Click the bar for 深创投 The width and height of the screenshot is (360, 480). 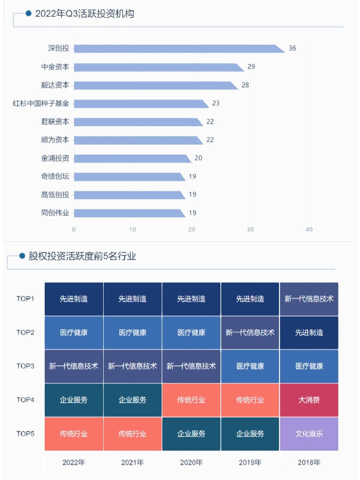click(x=177, y=49)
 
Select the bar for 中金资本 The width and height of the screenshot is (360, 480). click(x=157, y=67)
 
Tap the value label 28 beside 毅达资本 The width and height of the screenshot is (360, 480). click(x=245, y=85)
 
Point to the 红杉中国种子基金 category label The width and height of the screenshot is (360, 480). click(x=41, y=103)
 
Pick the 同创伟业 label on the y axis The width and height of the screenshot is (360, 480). click(x=55, y=213)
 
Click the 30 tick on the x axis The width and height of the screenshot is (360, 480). click(x=250, y=229)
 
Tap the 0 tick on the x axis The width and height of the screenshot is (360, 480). click(x=74, y=229)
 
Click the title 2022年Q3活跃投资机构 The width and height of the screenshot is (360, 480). click(x=85, y=14)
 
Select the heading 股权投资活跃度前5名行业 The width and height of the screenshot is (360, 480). click(x=82, y=256)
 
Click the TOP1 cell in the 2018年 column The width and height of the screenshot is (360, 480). click(x=309, y=299)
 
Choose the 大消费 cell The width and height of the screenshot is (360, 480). click(x=309, y=400)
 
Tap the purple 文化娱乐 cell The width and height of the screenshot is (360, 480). click(x=309, y=434)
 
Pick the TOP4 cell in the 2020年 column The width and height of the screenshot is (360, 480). click(x=191, y=400)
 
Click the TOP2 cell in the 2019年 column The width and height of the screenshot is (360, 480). click(x=250, y=333)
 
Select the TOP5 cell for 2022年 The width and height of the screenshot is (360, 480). click(x=74, y=434)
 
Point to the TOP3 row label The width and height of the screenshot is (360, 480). click(x=25, y=366)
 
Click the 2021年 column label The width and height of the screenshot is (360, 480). click(x=132, y=462)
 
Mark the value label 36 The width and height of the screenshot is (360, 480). click(x=292, y=48)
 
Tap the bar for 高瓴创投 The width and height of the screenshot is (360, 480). click(x=128, y=195)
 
